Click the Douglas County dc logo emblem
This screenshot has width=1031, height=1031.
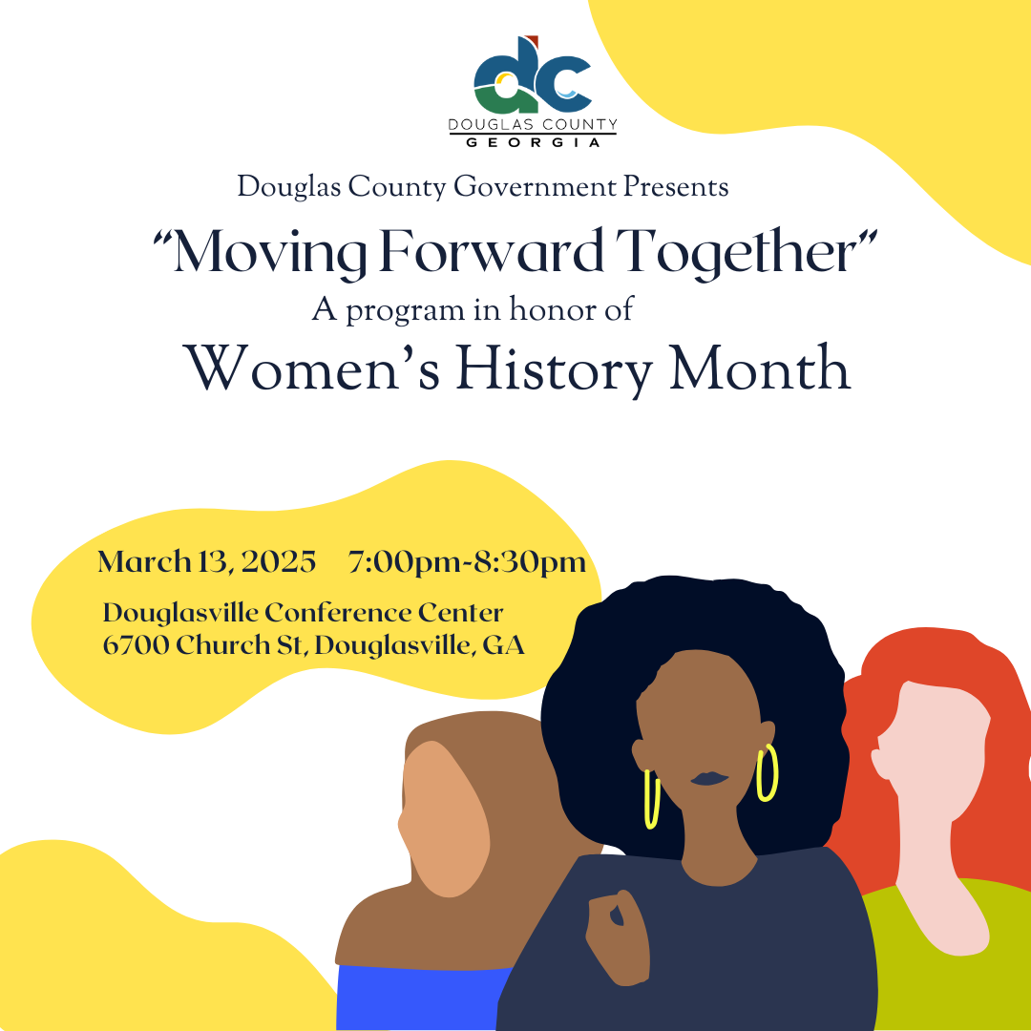[x=533, y=75]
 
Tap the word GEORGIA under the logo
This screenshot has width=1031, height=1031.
[x=533, y=142]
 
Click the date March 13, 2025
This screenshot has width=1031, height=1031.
[x=206, y=562]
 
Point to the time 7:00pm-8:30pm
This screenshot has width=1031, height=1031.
[x=467, y=562]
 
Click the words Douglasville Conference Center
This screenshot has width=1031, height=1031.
[x=303, y=613]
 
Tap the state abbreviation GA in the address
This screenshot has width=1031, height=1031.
[x=504, y=646]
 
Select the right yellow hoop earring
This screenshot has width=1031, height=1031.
[x=767, y=773]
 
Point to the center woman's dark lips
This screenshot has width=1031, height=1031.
[x=708, y=778]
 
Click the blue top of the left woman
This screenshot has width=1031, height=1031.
[x=420, y=998]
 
